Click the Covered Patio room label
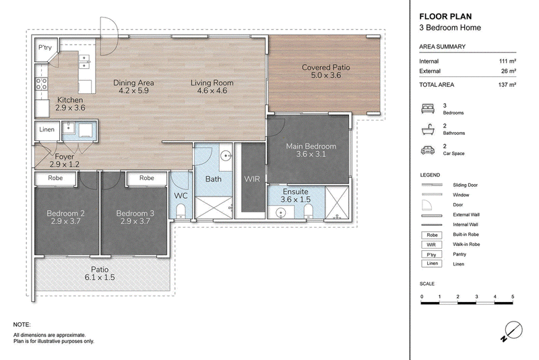[x=326, y=71]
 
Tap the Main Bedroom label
[x=311, y=150]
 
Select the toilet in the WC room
[x=181, y=210]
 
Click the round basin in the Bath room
[x=226, y=156]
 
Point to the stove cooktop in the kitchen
[x=41, y=84]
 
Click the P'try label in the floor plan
[x=44, y=47]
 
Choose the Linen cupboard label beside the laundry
[x=46, y=129]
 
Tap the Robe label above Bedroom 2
[x=55, y=178]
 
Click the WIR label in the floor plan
[x=252, y=179]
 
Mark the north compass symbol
[x=512, y=332]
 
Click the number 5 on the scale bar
[x=513, y=297]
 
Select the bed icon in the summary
[x=428, y=109]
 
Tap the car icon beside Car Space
[x=428, y=150]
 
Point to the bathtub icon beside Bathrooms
[x=428, y=129]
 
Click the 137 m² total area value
[x=507, y=84]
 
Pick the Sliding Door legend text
[x=465, y=185]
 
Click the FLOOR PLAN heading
[x=445, y=16]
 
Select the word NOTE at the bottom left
[x=22, y=324]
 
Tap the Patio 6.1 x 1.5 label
[x=100, y=273]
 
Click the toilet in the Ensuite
[x=309, y=212]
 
